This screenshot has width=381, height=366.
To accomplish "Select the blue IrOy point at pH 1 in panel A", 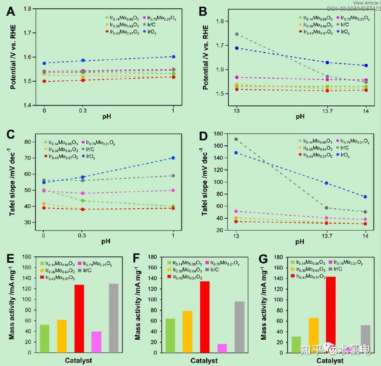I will pos(173,57).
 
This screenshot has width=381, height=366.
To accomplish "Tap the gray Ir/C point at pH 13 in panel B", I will pos(237,34).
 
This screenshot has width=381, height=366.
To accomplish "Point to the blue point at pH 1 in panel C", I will pos(173,158).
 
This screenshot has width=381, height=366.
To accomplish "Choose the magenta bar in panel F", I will pos(222,348).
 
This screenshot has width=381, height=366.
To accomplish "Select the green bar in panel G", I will pos(296,345).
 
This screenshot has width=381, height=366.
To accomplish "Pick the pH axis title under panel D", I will pos(300,242).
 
